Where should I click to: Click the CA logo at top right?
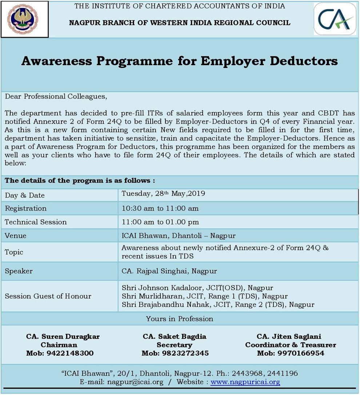tap(335, 19)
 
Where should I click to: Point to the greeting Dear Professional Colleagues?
tap(56, 96)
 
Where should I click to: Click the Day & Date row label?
tap(25, 195)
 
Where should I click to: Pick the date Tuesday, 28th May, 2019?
tap(163, 193)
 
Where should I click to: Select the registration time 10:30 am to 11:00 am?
tap(160, 208)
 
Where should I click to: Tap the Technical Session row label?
tap(36, 222)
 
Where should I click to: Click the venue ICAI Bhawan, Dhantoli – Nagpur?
tap(179, 236)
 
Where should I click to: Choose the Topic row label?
tap(14, 252)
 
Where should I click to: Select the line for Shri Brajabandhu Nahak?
tap(218, 304)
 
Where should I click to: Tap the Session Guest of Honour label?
tap(48, 296)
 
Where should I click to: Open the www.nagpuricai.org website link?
tap(245, 382)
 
